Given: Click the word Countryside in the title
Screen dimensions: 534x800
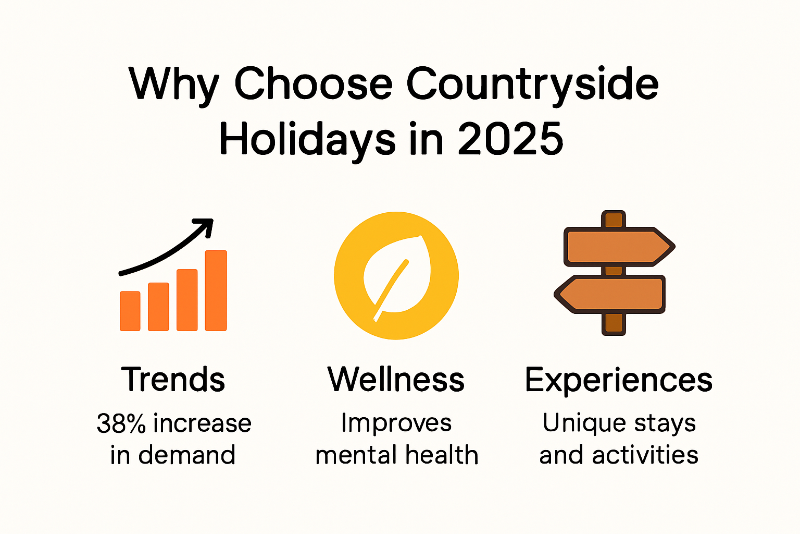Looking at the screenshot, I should (x=532, y=84).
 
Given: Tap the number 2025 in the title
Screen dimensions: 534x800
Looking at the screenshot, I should (x=510, y=139).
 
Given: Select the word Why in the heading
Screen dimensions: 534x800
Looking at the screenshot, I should (x=174, y=84).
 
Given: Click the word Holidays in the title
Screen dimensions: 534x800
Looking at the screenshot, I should (x=307, y=140).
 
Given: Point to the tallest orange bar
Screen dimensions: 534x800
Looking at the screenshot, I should (x=216, y=290).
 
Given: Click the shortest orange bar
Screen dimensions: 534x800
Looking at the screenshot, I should (x=130, y=311).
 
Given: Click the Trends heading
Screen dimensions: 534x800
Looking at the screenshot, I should (x=173, y=379).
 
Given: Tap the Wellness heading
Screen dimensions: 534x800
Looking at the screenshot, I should (x=396, y=379).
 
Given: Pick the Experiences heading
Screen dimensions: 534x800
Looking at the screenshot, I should (x=619, y=380).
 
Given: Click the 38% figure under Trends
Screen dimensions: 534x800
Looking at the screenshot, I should (x=121, y=423).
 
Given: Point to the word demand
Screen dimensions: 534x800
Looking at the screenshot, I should (x=187, y=455).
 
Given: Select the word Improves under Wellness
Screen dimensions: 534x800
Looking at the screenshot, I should (x=396, y=423).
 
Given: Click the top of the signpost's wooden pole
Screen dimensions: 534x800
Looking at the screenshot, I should (x=614, y=218).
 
